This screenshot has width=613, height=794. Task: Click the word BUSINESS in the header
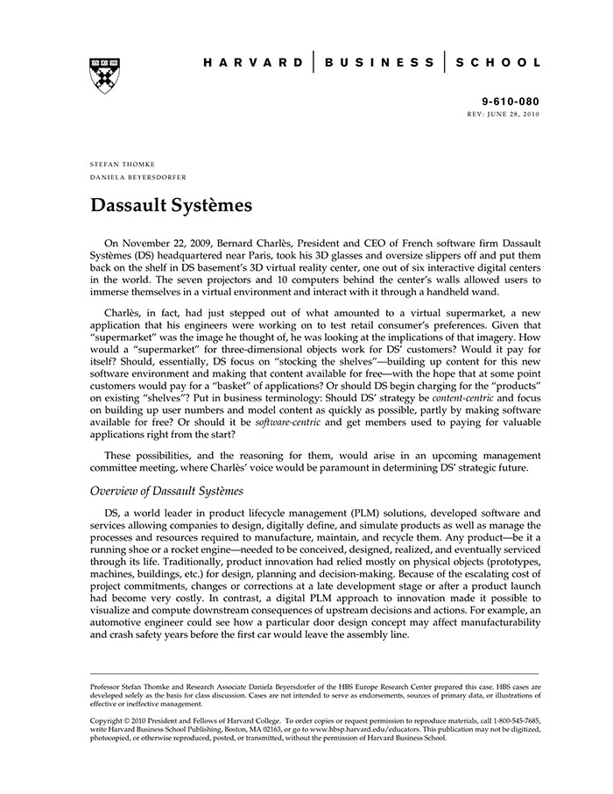[378, 62]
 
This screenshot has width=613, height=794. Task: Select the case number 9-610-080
[511, 102]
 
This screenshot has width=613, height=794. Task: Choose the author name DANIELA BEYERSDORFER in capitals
[137, 176]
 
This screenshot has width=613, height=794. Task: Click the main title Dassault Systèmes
[171, 206]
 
